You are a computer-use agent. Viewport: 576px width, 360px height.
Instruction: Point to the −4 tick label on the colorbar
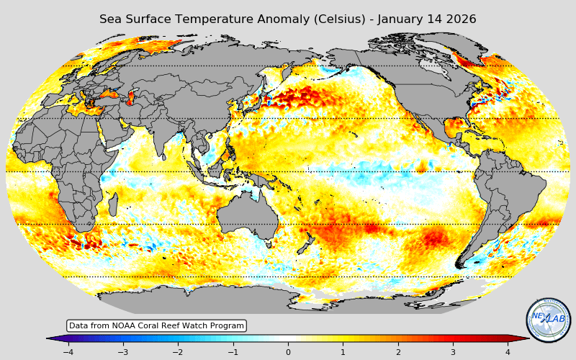pyautogui.click(x=68, y=352)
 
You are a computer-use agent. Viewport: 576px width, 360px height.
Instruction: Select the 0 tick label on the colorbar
pyautogui.click(x=288, y=352)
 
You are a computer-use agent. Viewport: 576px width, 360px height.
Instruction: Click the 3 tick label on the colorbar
pyautogui.click(x=453, y=352)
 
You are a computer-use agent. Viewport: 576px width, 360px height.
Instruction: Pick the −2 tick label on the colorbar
pyautogui.click(x=178, y=352)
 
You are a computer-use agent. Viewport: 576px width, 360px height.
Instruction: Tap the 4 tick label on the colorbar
pyautogui.click(x=508, y=352)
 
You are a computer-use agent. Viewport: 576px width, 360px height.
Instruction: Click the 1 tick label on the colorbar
pyautogui.click(x=343, y=352)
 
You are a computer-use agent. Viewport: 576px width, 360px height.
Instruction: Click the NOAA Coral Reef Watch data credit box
pyautogui.click(x=156, y=326)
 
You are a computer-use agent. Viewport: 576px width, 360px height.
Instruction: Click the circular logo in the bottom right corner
pyautogui.click(x=549, y=320)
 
